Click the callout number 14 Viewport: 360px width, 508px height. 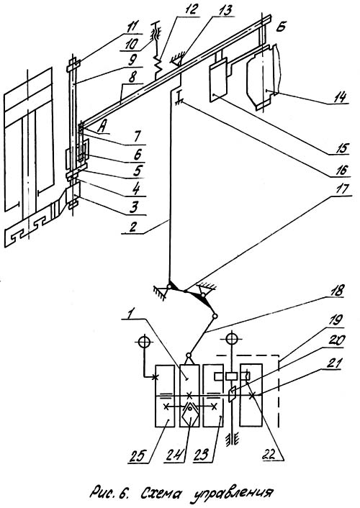(x=339, y=96)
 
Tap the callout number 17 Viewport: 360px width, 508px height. (x=341, y=189)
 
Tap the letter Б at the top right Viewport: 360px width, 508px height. (x=281, y=27)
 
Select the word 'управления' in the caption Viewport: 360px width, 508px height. (x=233, y=492)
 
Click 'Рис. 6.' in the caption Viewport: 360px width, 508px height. (x=109, y=492)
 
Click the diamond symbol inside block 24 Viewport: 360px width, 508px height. (x=190, y=414)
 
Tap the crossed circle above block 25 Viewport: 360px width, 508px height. (x=144, y=342)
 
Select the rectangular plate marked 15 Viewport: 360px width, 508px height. (x=219, y=79)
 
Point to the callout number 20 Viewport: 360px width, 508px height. (x=337, y=340)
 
